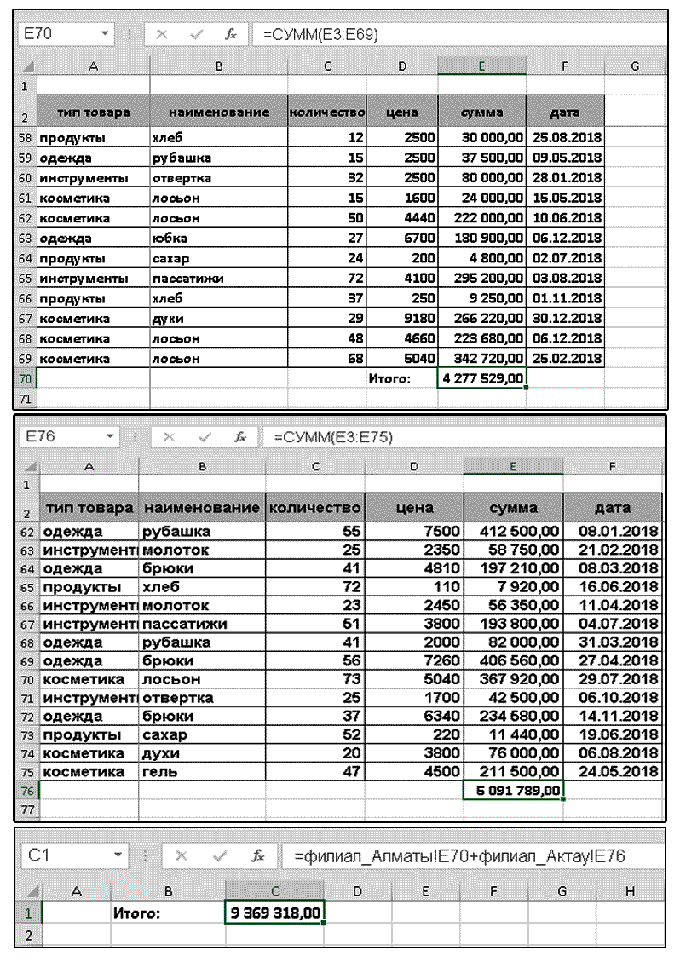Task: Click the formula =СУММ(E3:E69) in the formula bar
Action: tap(320, 34)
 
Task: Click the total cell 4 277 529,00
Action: tap(482, 378)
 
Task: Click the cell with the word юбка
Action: tap(170, 238)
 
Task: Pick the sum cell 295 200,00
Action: tap(482, 278)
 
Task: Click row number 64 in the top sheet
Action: tap(25, 258)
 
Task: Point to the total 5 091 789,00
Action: tap(514, 791)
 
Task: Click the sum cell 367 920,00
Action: tap(514, 680)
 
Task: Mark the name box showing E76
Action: tap(60, 436)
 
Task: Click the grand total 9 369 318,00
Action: tap(275, 913)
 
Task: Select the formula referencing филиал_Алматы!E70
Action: tap(460, 855)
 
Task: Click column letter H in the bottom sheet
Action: tap(630, 890)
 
